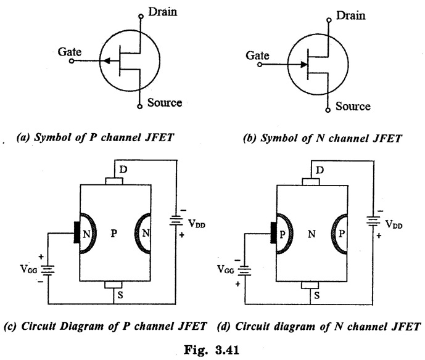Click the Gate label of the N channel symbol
pyautogui.click(x=258, y=55)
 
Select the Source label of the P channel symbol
pyautogui.click(x=165, y=102)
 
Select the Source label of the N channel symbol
pyautogui.click(x=353, y=106)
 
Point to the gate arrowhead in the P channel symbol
pyautogui.click(x=106, y=60)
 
